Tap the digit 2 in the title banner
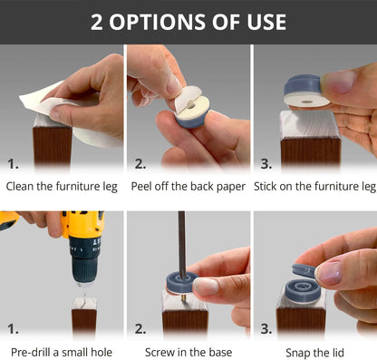(96, 22)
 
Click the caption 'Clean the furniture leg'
(62, 187)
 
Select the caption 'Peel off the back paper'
(188, 187)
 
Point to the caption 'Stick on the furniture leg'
(314, 187)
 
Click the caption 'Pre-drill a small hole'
(62, 352)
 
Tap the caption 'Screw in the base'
(188, 352)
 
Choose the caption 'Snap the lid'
(314, 353)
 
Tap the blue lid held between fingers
(304, 269)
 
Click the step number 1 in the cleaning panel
(13, 164)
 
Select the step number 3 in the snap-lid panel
(266, 328)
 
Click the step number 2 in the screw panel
(140, 328)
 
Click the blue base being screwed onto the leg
(180, 283)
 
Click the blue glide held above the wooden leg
(305, 91)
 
